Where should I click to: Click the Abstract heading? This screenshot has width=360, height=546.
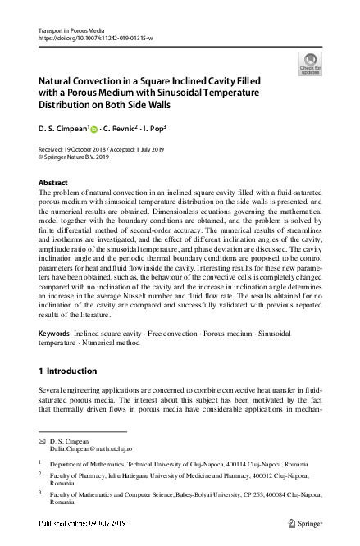pos(53,183)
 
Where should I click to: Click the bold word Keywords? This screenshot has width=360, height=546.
pos(54,334)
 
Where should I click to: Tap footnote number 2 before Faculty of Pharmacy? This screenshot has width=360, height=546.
pos(41,474)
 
